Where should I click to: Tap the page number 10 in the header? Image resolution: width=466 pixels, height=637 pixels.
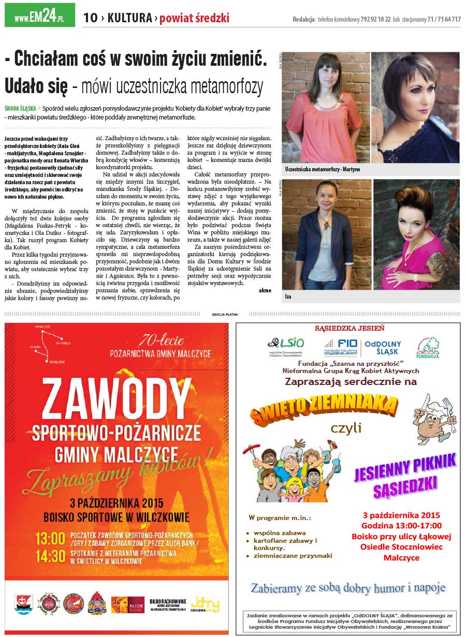click(90, 19)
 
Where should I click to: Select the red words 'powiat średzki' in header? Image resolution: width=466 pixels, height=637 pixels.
click(194, 19)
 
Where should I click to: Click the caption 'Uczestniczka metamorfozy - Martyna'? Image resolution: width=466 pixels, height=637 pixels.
click(322, 169)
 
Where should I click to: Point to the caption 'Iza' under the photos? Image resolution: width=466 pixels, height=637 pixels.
click(288, 297)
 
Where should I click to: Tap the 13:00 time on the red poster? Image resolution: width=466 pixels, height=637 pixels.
click(50, 539)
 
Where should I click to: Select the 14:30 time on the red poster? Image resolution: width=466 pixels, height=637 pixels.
click(50, 556)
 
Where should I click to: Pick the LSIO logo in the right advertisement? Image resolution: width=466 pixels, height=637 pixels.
click(285, 346)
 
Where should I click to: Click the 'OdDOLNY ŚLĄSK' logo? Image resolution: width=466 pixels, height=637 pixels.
click(383, 347)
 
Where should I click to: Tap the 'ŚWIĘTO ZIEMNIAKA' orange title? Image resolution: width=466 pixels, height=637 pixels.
click(324, 407)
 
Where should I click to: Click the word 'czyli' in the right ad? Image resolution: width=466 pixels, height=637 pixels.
click(345, 428)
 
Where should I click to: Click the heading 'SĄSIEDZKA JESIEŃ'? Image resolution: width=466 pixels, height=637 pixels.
click(349, 328)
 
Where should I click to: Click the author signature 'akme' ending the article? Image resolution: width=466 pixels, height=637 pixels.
click(265, 290)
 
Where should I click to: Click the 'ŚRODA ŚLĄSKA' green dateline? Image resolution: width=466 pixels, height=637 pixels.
click(20, 109)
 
